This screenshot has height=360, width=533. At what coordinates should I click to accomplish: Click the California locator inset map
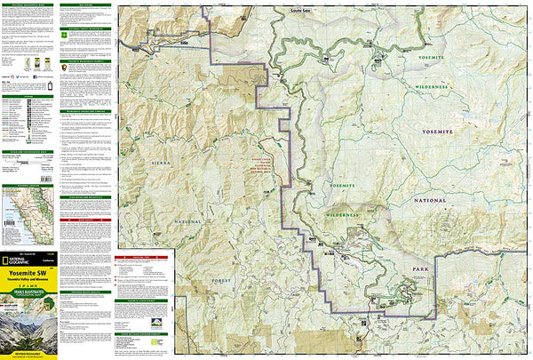coord(26,213)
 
